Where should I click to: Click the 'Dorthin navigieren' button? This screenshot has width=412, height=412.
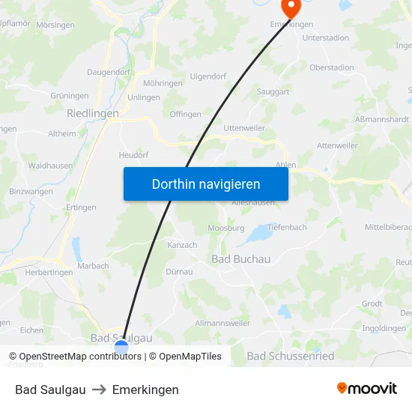[206, 184]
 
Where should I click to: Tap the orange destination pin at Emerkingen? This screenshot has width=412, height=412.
[290, 7]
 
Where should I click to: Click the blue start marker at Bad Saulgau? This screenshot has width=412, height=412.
[121, 348]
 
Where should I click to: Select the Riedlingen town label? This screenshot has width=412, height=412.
[93, 113]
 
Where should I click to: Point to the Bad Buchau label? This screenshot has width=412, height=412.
[240, 258]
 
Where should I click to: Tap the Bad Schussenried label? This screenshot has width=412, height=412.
[291, 356]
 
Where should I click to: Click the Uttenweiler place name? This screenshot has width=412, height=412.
[244, 128]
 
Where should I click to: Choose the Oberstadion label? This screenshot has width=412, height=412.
[332, 67]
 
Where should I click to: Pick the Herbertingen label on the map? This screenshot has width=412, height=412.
[49, 273]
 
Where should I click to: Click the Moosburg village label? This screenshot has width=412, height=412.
[226, 228]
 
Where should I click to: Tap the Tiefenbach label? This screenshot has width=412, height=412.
[287, 228]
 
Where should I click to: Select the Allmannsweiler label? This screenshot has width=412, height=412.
[222, 323]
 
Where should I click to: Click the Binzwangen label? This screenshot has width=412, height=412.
[31, 192]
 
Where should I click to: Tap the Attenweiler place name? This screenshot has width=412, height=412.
[338, 145]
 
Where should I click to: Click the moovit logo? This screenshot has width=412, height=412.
[367, 388]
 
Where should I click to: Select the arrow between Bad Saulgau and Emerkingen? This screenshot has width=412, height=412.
[99, 390]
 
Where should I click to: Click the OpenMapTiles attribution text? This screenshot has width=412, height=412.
[190, 357]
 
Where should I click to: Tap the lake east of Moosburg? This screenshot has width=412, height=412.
[260, 235]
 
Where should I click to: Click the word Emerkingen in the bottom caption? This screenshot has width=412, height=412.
[145, 390]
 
